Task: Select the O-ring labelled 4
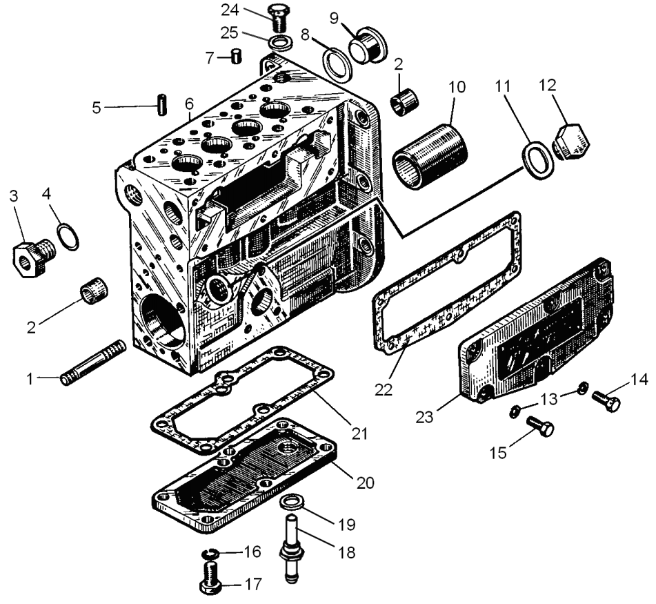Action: (68, 237)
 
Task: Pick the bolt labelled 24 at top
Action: (277, 15)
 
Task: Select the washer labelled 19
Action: (292, 501)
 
